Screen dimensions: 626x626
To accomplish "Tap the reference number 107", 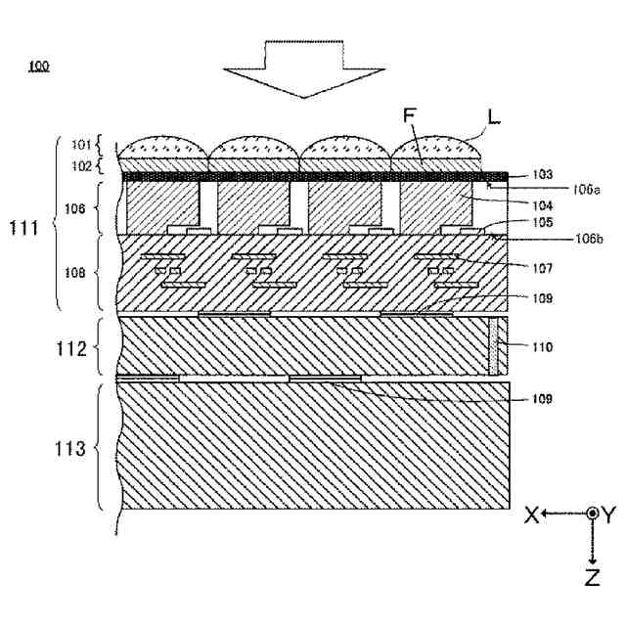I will click(540, 266).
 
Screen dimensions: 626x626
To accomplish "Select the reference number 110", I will click(540, 346).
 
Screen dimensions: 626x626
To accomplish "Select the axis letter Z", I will click(593, 578).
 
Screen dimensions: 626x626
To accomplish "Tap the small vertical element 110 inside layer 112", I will click(497, 346).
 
